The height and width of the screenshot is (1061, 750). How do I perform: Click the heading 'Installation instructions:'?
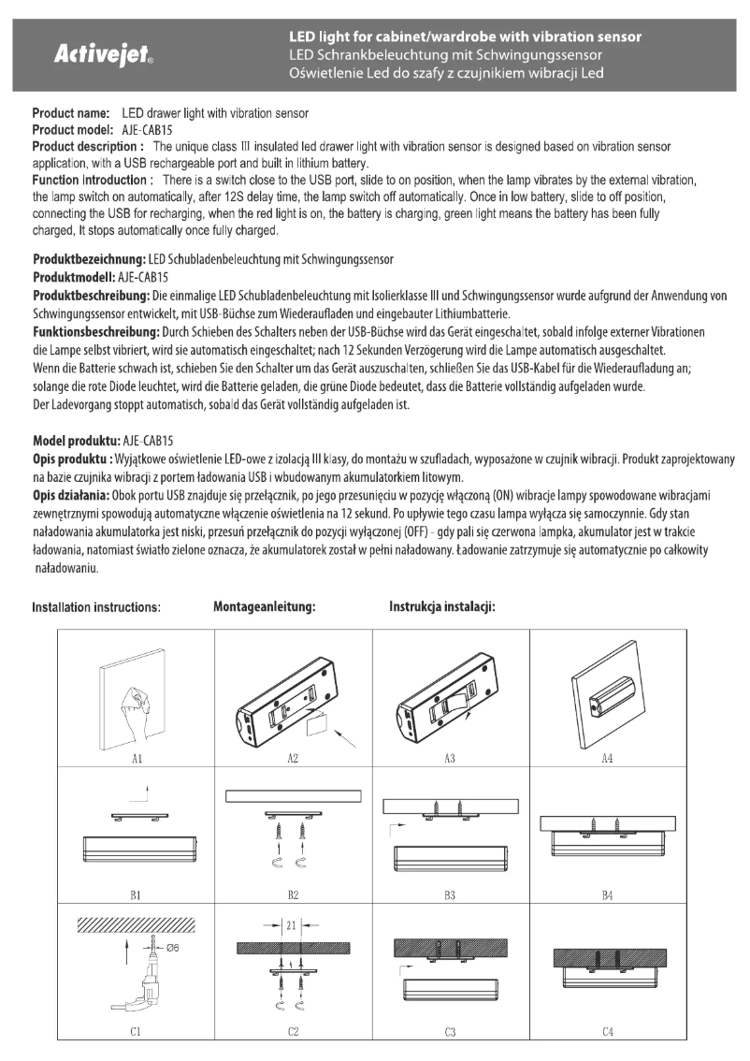pos(96,606)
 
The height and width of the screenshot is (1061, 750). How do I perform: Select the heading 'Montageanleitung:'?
pos(264,605)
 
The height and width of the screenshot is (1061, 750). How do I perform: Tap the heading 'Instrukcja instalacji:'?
pos(441,605)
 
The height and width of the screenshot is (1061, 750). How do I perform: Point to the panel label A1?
pos(137,758)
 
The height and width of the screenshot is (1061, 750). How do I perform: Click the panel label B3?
pos(450,895)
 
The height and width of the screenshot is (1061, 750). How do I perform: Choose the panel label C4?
pos(607,1031)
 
